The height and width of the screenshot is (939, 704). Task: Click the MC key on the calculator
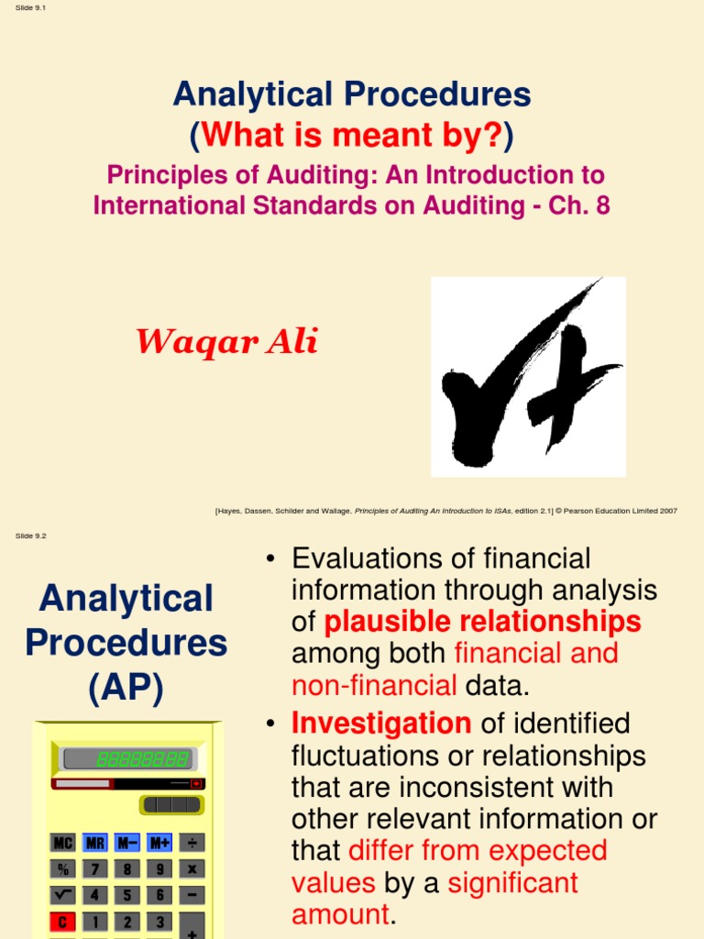tap(63, 843)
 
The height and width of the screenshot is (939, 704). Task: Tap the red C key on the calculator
tap(63, 922)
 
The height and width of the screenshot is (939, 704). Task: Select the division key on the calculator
tap(192, 843)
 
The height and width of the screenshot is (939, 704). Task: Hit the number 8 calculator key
tap(127, 868)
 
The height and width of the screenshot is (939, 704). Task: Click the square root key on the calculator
tap(63, 895)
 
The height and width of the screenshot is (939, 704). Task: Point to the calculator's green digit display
tap(142, 759)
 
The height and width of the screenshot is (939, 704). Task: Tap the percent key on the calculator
tap(63, 868)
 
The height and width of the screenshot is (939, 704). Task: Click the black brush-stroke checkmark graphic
tap(527, 378)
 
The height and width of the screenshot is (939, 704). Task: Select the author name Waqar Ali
tap(226, 342)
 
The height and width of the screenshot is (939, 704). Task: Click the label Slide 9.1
tap(31, 8)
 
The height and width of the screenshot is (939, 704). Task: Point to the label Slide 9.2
tap(31, 536)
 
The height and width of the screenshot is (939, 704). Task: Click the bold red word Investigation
tap(381, 724)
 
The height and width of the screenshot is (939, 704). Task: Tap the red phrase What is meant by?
tap(352, 136)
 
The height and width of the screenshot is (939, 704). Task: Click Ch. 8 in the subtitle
tap(581, 204)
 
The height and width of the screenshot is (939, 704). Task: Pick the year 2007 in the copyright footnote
tap(666, 511)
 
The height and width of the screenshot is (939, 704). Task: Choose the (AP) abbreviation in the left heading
tap(126, 688)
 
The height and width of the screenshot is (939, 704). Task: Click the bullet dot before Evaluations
tap(270, 559)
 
